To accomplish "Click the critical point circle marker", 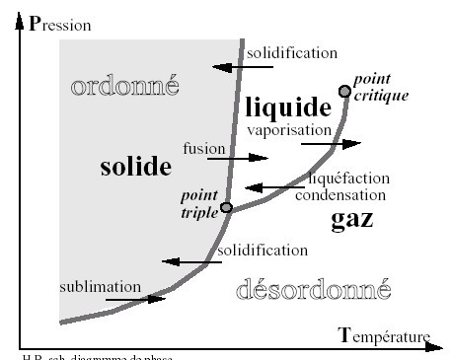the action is click(344, 91).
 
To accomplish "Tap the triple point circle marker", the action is click(226, 207).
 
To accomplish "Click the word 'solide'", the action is click(136, 167).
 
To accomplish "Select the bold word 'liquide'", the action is click(286, 107).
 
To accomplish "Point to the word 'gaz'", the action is click(351, 218).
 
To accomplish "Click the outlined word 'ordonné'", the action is click(125, 86).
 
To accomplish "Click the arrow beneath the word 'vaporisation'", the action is click(332, 143).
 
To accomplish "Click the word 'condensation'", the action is click(340, 194).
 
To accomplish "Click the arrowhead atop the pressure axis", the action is click(20, 20).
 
